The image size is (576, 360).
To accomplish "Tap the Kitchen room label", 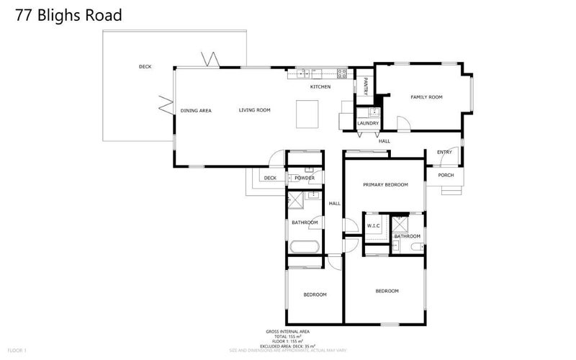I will pos(320,87).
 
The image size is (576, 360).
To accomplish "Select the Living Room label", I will pos(255,110).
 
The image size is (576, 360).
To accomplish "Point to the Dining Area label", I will pos(196,110).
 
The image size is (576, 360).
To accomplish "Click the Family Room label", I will pos(426,96).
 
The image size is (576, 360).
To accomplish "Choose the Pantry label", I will pos(366,87).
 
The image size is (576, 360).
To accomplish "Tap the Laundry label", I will pos(368,123).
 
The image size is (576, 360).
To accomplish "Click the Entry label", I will pos(444,152).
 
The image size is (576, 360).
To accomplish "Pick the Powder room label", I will pos(305,178).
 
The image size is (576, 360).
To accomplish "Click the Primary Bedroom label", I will pos(385,185).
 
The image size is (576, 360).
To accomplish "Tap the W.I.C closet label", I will pos(374,225).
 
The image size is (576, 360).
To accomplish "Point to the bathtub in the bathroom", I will pos(305,247).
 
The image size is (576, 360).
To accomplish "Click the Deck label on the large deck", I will pos(145,67).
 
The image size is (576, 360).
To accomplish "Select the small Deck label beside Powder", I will pos(270,178).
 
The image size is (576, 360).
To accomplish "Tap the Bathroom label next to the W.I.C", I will pos(407,236).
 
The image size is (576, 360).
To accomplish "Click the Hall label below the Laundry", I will pos(384,141).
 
